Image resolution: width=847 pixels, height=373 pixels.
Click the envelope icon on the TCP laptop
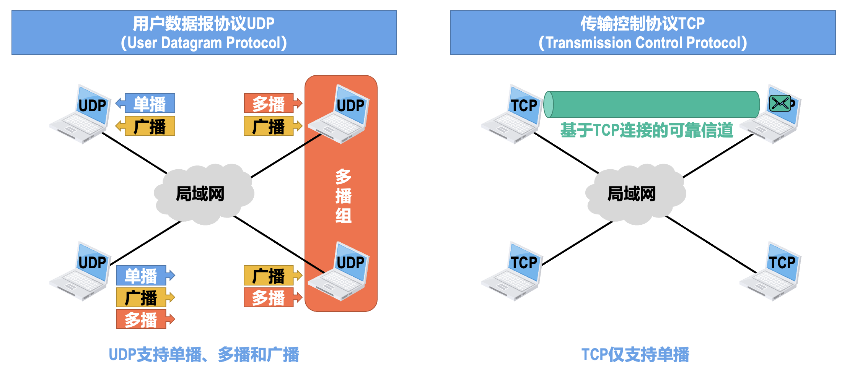pyautogui.click(x=780, y=103)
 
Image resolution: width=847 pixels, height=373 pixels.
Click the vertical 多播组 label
pyautogui.click(x=343, y=196)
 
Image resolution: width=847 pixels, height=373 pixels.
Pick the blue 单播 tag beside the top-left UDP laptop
pyautogui.click(x=150, y=104)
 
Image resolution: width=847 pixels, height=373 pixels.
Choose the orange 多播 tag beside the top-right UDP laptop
pyautogui.click(x=269, y=104)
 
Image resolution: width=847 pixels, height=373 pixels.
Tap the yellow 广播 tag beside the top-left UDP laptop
pyautogui.click(x=150, y=126)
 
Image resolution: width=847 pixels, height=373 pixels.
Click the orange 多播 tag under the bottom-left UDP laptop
pyautogui.click(x=141, y=319)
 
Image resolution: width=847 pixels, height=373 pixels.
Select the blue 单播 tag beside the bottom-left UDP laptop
pyautogui.click(x=141, y=276)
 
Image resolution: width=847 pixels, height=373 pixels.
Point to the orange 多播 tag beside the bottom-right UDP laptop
pyautogui.click(x=269, y=298)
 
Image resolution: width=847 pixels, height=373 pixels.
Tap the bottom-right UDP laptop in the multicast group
pyautogui.click(x=339, y=271)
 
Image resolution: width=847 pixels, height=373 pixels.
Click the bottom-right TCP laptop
pyautogui.click(x=770, y=271)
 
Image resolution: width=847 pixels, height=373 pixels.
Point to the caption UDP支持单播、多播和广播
pyautogui.click(x=204, y=355)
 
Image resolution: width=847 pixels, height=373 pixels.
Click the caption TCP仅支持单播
pyautogui.click(x=635, y=355)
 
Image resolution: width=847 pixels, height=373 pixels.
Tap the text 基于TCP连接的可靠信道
pyautogui.click(x=647, y=130)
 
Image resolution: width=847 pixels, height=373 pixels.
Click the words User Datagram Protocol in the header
pyautogui.click(x=204, y=43)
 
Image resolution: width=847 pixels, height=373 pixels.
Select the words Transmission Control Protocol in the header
pyautogui.click(x=643, y=43)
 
